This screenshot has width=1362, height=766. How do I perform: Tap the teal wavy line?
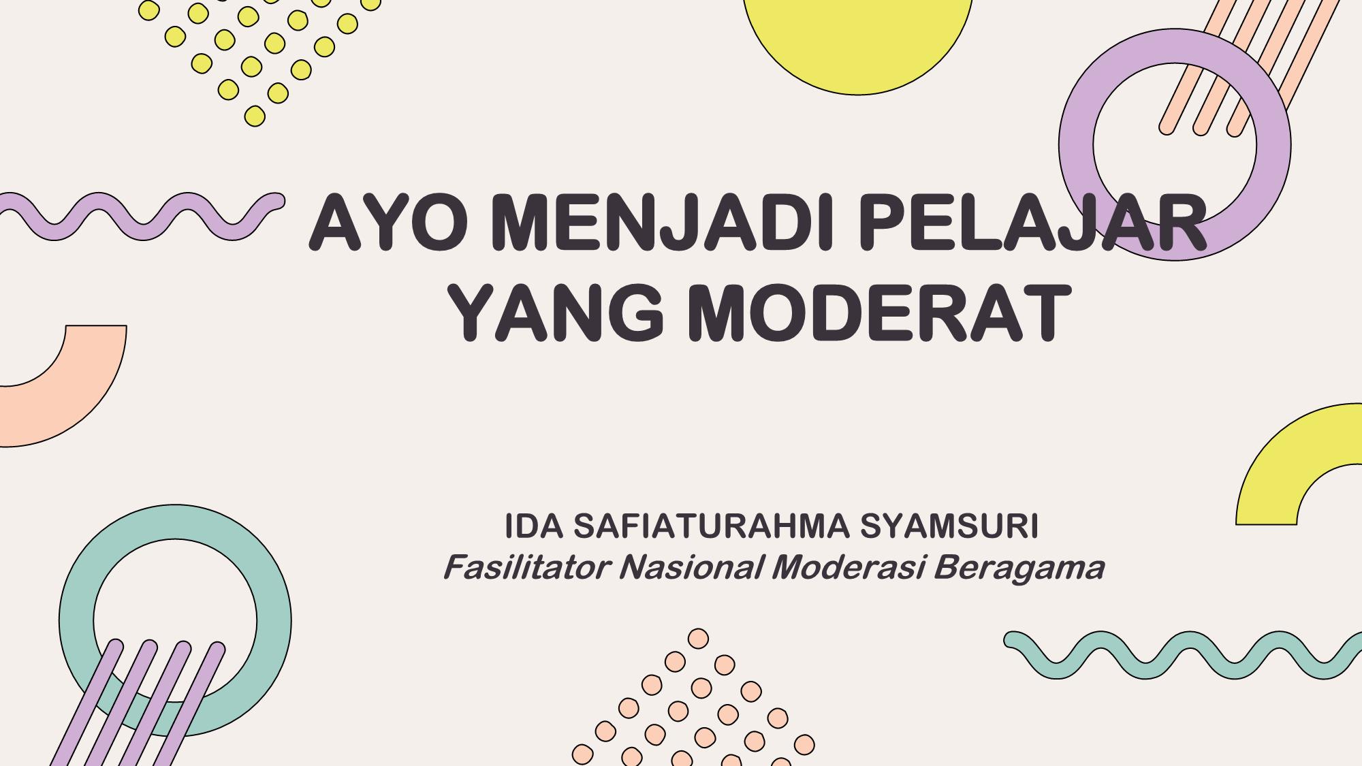click(1183, 655)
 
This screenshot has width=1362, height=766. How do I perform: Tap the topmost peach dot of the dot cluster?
click(698, 639)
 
